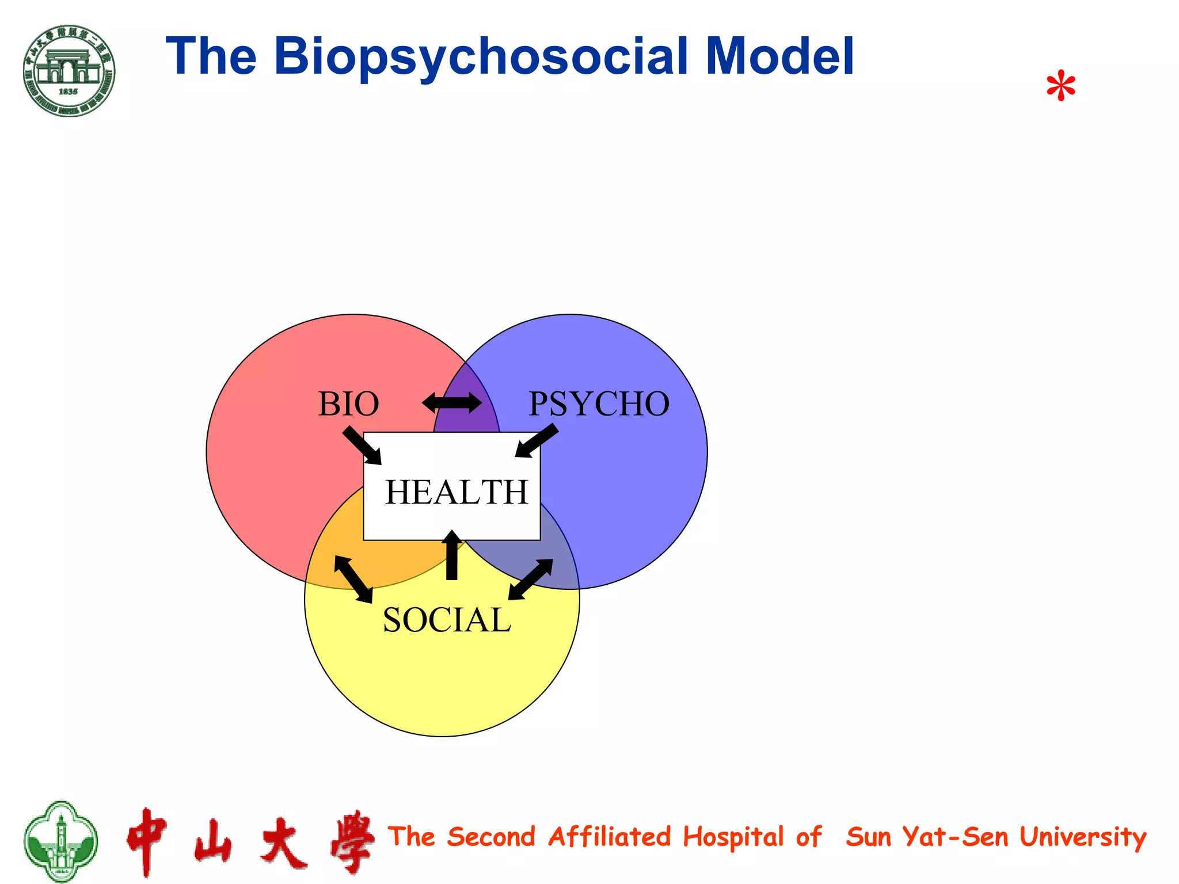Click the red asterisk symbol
1060,87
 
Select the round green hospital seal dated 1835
69,71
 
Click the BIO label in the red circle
348,404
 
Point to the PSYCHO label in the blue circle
599,404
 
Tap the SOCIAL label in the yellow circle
447,620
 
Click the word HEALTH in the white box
456,493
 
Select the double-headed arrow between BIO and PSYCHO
452,403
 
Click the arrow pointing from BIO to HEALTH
362,445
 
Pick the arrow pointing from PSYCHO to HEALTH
537,441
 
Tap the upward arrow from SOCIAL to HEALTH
452,555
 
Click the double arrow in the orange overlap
353,579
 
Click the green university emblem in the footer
60,841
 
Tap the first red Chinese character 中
147,841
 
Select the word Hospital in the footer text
733,837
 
